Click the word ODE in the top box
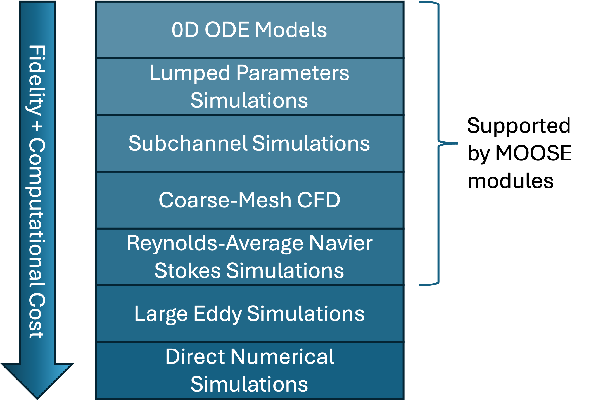coord(227,30)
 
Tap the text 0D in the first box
coord(185,30)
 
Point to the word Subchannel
coord(188,143)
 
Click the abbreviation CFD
coord(319,200)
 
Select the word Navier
coord(341,243)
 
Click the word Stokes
coord(188,271)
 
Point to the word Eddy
coord(217,314)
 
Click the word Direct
coord(195,357)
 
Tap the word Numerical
coord(282,357)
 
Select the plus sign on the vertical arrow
coord(37,127)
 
